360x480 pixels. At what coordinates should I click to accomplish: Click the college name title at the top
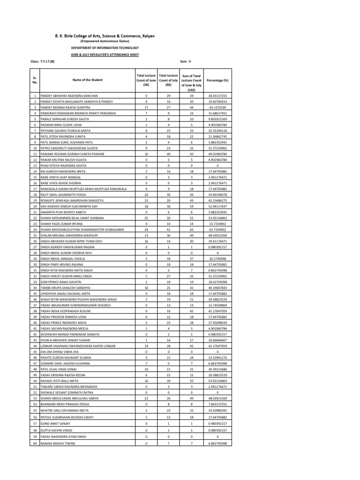[x=105, y=36]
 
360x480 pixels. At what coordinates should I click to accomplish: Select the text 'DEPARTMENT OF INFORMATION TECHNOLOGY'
[x=105, y=48]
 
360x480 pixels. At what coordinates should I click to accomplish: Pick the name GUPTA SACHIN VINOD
[x=56, y=429]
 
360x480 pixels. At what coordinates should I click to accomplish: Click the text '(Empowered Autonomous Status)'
[x=105, y=41]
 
